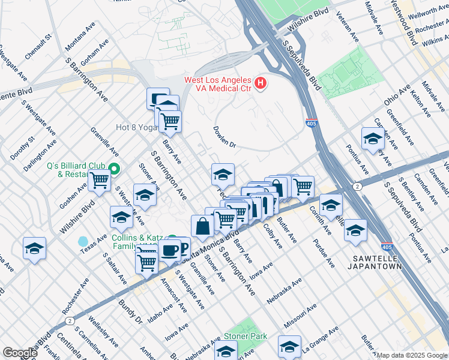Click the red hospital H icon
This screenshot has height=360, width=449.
pos(261,84)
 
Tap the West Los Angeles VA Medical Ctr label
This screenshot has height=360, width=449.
pos(218,84)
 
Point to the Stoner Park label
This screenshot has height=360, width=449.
pos(246,337)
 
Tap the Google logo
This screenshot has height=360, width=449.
pos(19,353)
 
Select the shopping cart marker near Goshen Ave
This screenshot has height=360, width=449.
pos(100,181)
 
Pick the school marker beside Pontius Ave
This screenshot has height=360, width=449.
pos(373,139)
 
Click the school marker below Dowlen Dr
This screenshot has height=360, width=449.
pos(223,175)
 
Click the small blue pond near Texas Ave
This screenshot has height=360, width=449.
pos(83,242)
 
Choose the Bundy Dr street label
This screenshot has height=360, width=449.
pos(130,312)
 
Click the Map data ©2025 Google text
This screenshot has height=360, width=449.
pos(412,355)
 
